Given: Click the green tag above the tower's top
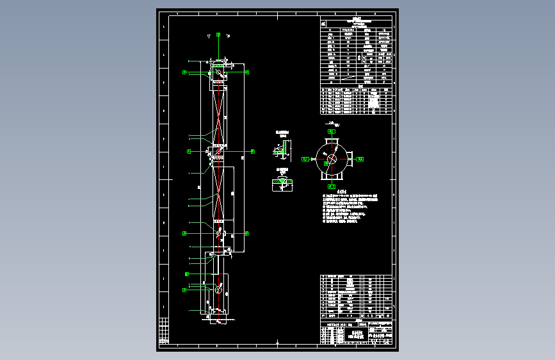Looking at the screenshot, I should (x=218, y=34).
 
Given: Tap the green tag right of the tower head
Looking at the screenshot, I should (x=247, y=72).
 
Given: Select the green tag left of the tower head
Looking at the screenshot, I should (x=184, y=72).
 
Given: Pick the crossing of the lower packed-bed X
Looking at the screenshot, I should (x=219, y=193).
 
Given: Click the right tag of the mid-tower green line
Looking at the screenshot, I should (x=252, y=151).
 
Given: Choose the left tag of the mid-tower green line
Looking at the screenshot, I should (x=189, y=151).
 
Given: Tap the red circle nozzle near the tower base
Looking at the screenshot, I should (x=218, y=290).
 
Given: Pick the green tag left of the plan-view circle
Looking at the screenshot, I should (x=305, y=158).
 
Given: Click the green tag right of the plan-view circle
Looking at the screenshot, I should (x=360, y=158).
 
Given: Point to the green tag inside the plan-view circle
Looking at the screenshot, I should (x=326, y=163).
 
